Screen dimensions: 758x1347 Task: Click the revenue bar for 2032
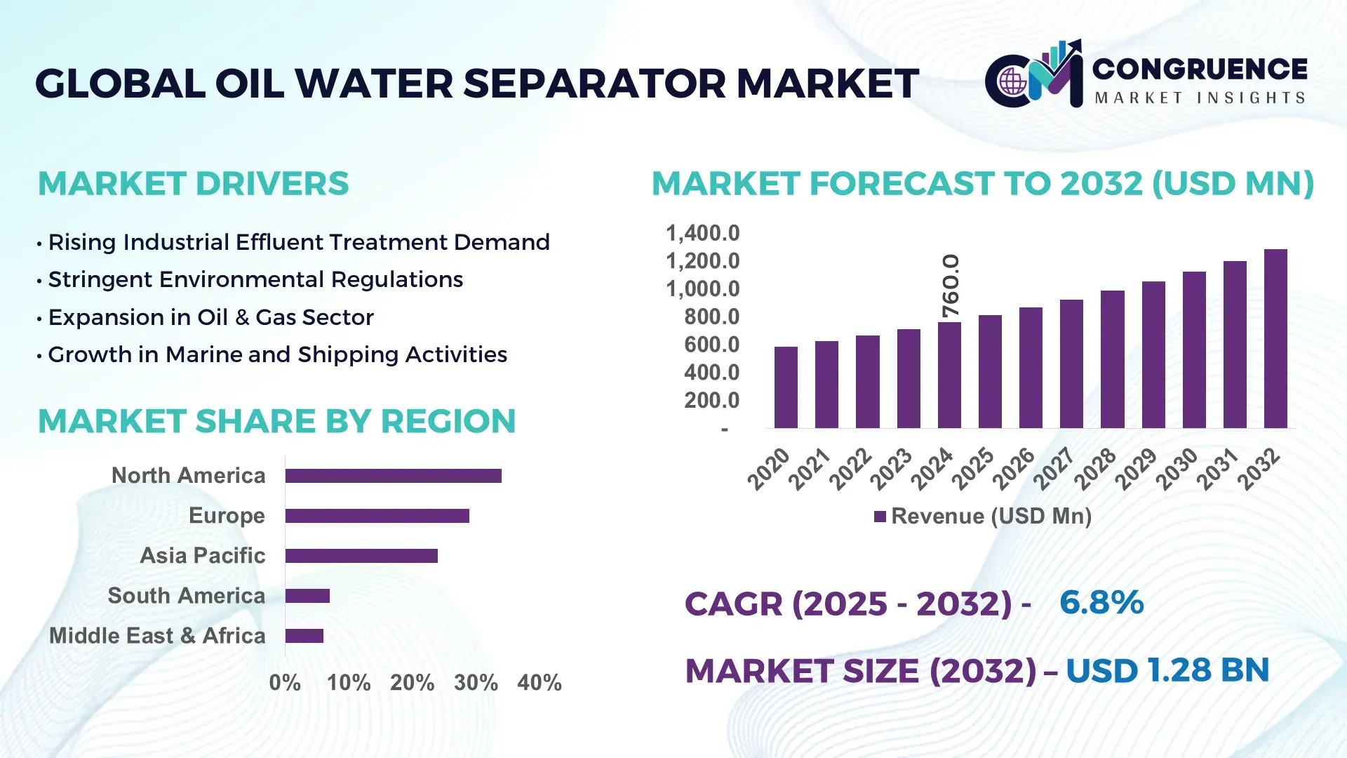tap(1275, 339)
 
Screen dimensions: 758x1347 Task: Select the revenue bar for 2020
tap(786, 387)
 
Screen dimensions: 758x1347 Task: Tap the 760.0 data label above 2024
tap(950, 286)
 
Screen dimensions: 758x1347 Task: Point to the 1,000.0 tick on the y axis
tap(702, 289)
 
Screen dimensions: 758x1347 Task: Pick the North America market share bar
tap(393, 476)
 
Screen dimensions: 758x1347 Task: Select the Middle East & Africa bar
tap(304, 636)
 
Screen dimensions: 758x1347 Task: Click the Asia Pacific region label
tap(202, 556)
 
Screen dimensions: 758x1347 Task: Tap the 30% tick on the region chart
tap(476, 683)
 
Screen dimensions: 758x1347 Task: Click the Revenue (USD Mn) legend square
tap(880, 517)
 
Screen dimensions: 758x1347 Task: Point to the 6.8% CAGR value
tap(1101, 603)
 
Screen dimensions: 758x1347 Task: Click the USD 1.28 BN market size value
tap(1167, 670)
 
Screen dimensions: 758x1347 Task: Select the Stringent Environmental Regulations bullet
tap(255, 280)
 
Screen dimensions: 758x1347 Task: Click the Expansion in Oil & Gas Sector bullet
tap(210, 317)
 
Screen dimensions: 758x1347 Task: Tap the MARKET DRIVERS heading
tap(193, 184)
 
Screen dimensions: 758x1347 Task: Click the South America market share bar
tap(307, 596)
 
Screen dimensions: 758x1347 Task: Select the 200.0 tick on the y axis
tap(711, 401)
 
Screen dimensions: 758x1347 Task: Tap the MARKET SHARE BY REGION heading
tap(276, 422)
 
